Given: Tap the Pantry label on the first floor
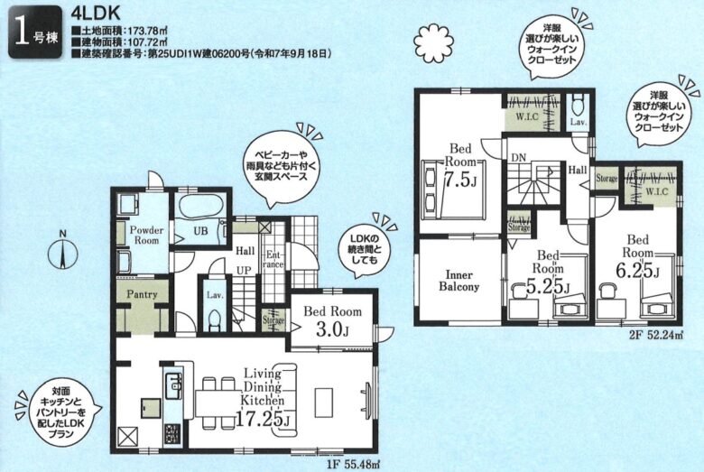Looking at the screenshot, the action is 142,294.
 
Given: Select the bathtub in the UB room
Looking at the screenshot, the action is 201,208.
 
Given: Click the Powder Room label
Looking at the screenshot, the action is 146,236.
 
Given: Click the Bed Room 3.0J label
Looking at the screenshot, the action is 332,321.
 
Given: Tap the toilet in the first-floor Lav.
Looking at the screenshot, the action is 214,320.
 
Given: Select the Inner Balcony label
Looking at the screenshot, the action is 459,281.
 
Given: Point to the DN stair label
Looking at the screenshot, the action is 519,158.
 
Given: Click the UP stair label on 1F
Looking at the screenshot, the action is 245,272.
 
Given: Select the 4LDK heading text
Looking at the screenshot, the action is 96,14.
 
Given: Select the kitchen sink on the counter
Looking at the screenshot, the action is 174,384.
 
